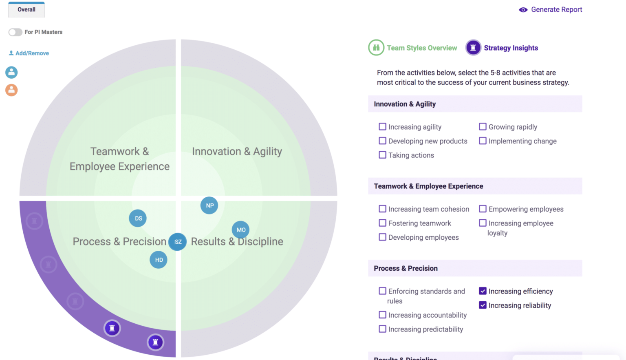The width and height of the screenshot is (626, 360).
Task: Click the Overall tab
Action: point(26,10)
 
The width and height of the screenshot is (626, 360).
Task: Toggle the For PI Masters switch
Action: point(15,32)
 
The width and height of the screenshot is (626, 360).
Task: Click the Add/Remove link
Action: point(29,53)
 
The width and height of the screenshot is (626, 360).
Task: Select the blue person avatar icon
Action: point(11,72)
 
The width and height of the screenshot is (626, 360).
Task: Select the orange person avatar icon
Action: point(11,90)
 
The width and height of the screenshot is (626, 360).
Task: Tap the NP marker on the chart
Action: point(209,205)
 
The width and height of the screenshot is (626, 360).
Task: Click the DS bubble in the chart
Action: point(138,218)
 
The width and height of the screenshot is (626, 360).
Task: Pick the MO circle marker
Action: point(240,230)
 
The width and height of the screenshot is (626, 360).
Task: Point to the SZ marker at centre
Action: point(177,242)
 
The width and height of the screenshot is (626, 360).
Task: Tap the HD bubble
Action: point(159,260)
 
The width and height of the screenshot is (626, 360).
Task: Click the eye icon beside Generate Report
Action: point(523,10)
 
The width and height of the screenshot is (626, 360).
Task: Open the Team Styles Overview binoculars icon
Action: point(376,48)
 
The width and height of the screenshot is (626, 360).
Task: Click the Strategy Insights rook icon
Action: point(473,48)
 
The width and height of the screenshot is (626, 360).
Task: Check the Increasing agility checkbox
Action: point(382,127)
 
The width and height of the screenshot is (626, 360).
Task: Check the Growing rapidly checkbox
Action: point(483,127)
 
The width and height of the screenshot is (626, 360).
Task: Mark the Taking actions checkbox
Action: point(382,155)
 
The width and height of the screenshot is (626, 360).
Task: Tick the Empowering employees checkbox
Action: point(483,209)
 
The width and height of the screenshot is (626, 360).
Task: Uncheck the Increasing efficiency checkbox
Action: point(483,291)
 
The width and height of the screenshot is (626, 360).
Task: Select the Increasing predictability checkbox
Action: point(382,329)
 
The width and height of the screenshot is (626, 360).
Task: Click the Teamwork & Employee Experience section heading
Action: point(428,186)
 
